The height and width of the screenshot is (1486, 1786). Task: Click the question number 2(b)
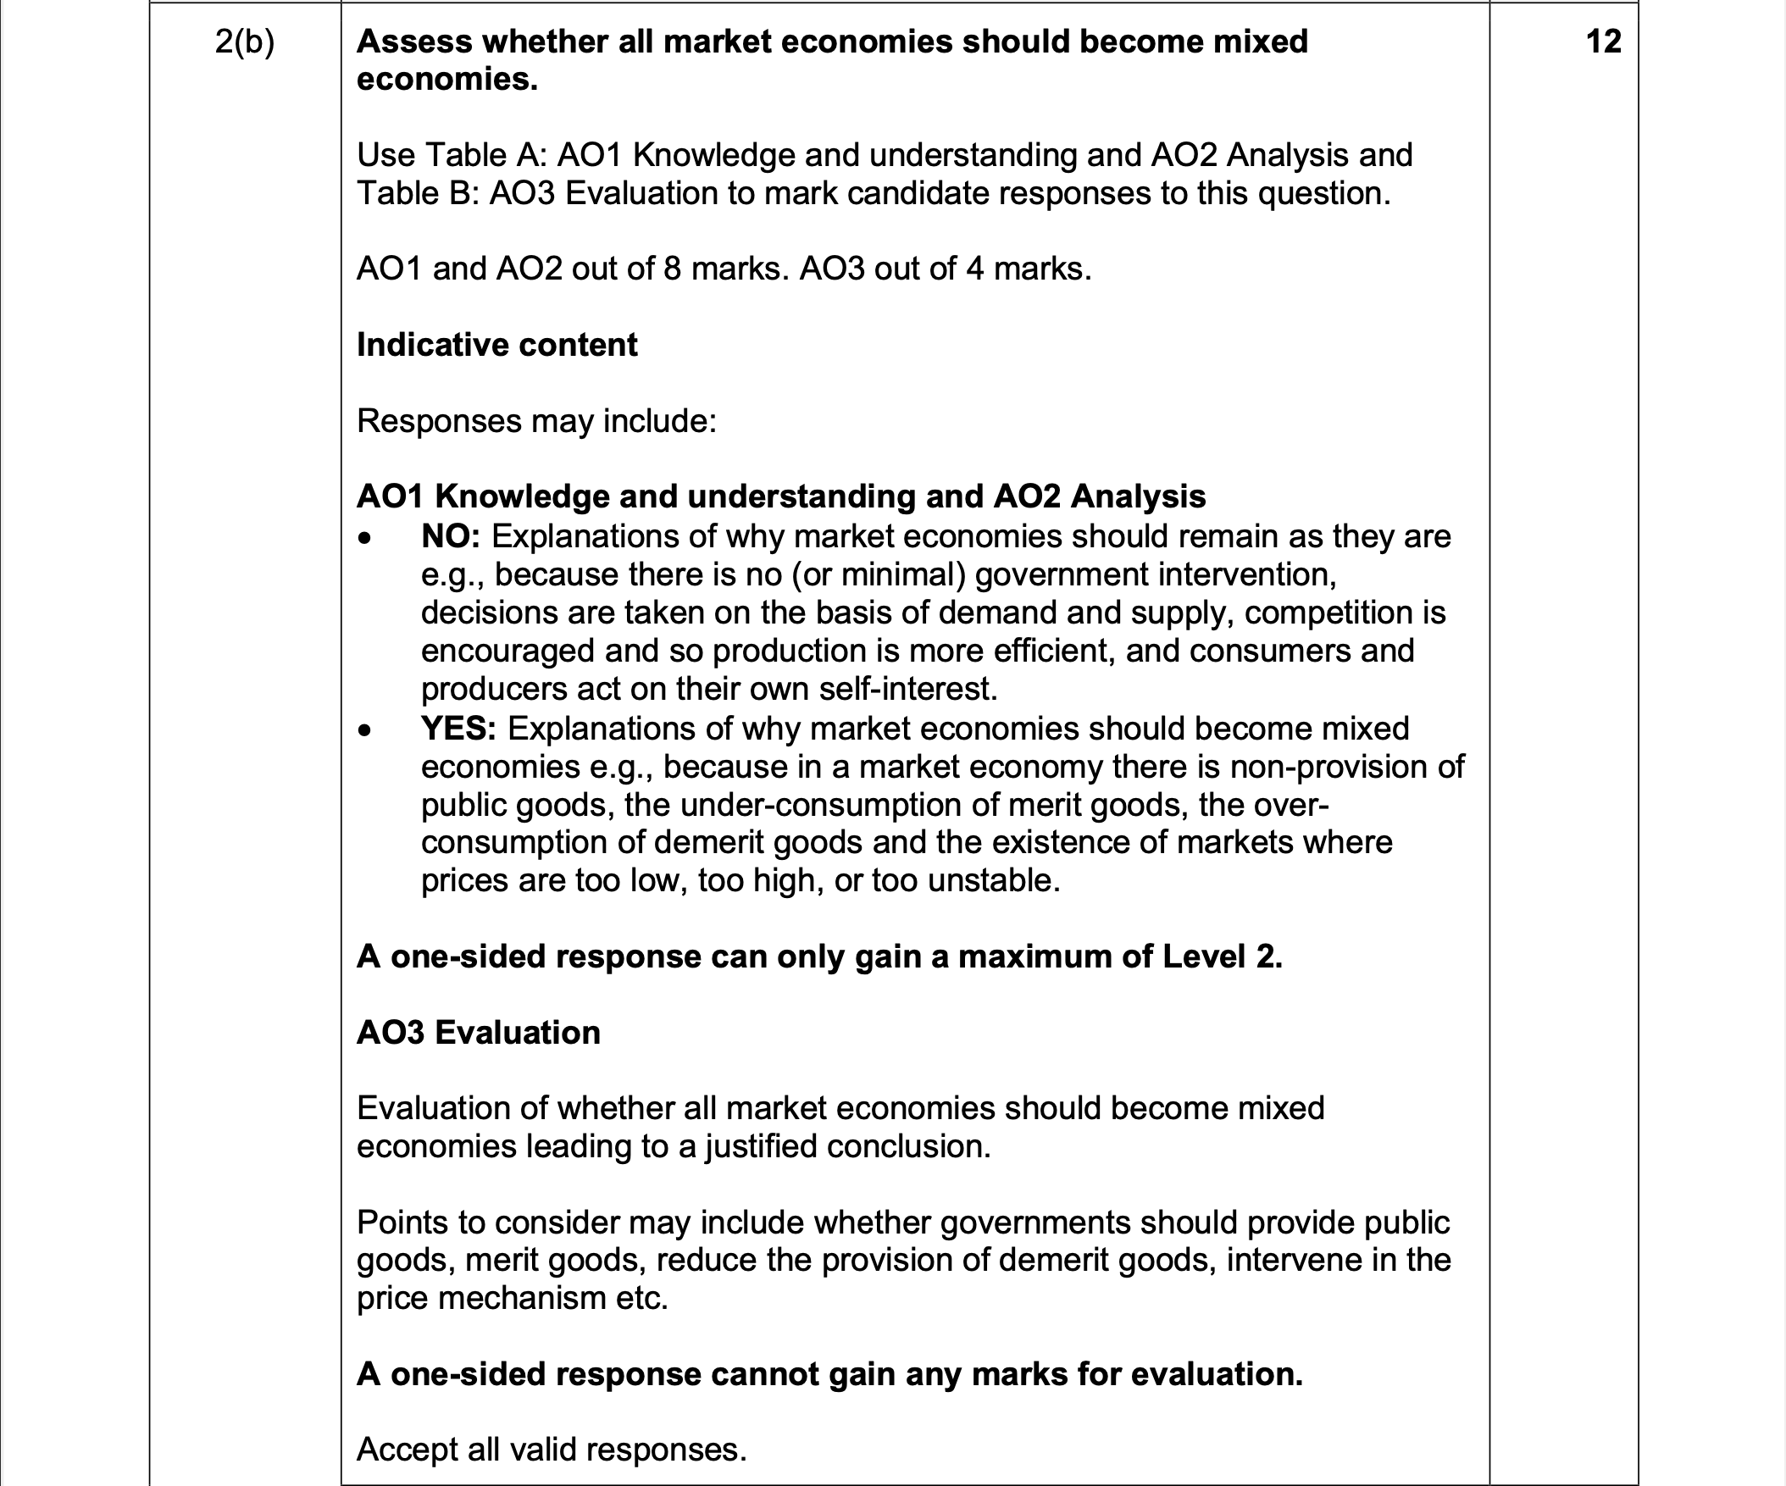(x=244, y=42)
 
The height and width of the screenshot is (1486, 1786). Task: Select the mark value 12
(x=1603, y=42)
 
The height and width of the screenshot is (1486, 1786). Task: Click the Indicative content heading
(x=496, y=345)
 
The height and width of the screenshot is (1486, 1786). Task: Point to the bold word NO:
(x=451, y=536)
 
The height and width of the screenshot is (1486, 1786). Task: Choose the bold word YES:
(x=458, y=728)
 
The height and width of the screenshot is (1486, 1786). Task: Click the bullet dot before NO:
(x=365, y=538)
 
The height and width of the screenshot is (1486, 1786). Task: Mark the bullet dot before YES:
(x=365, y=729)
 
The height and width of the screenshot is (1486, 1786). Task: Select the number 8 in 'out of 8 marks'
(x=672, y=269)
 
